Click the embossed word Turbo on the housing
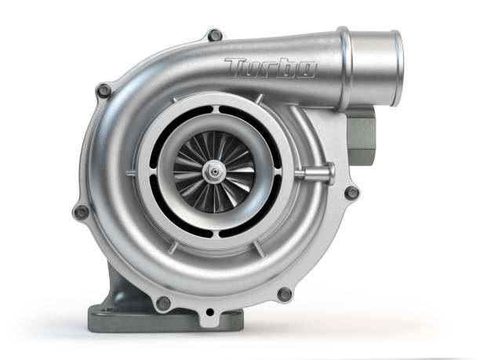pos(270,68)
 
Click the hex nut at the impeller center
pos(213,168)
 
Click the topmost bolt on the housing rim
pos(213,35)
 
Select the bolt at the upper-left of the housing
pos(104,91)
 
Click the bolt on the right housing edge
pos(352,191)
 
